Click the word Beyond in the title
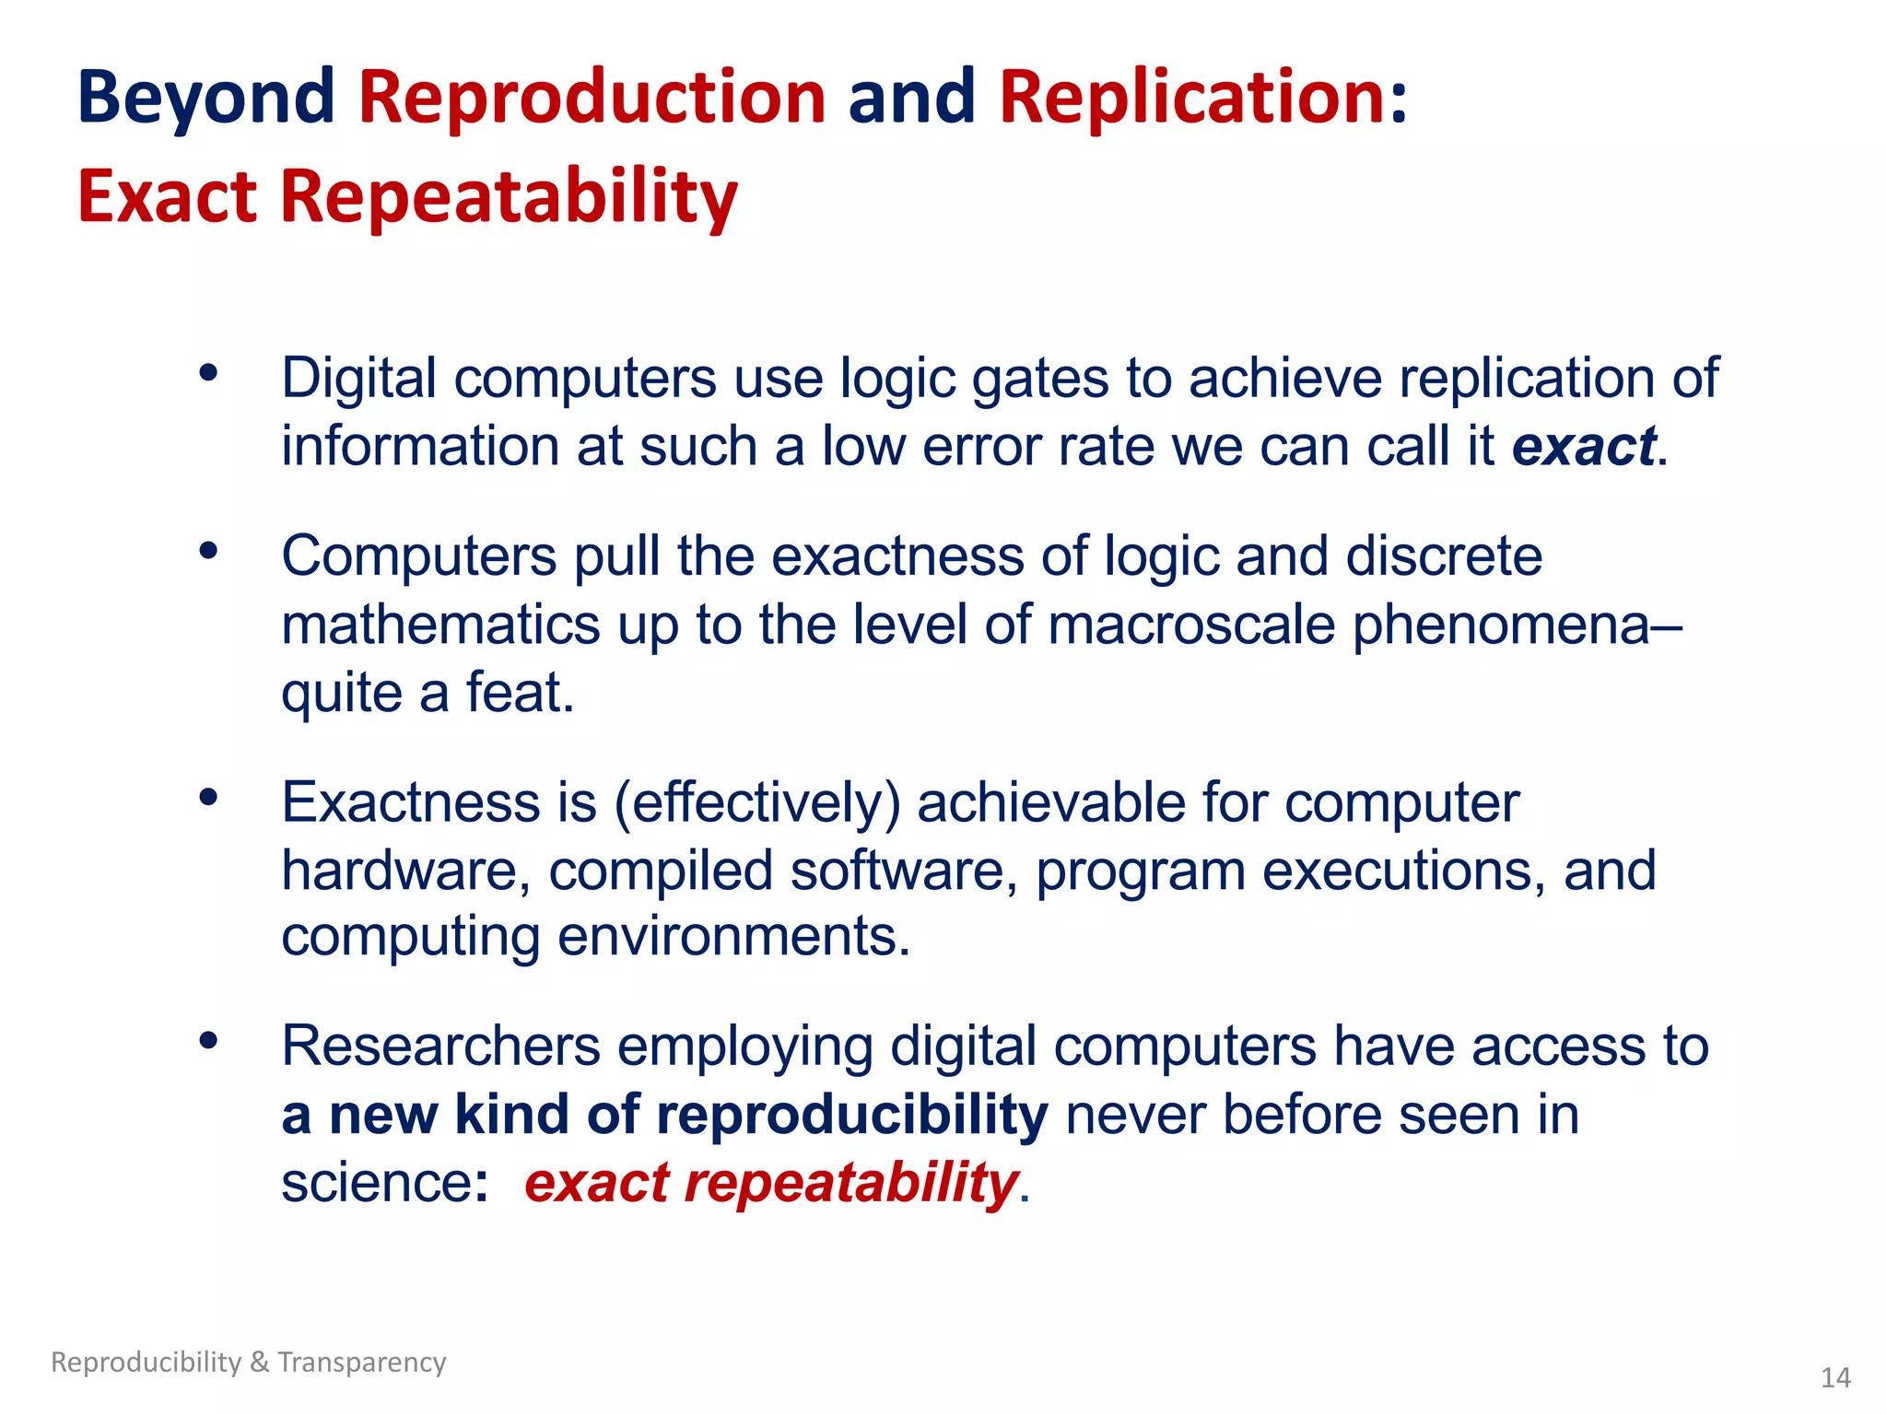click(205, 98)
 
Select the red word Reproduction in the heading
click(592, 98)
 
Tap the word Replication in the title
click(1192, 98)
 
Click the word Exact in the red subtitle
click(167, 197)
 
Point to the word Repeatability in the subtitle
click(509, 197)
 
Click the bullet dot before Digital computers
click(208, 373)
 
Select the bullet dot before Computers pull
click(208, 551)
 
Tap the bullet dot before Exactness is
click(208, 797)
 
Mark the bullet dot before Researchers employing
click(208, 1041)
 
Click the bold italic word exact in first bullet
click(1583, 447)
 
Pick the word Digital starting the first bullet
click(358, 379)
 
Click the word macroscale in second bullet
click(1190, 625)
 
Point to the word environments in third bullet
click(733, 937)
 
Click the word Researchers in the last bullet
click(440, 1047)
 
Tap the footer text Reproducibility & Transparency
click(248, 1362)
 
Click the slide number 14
click(1835, 1378)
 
